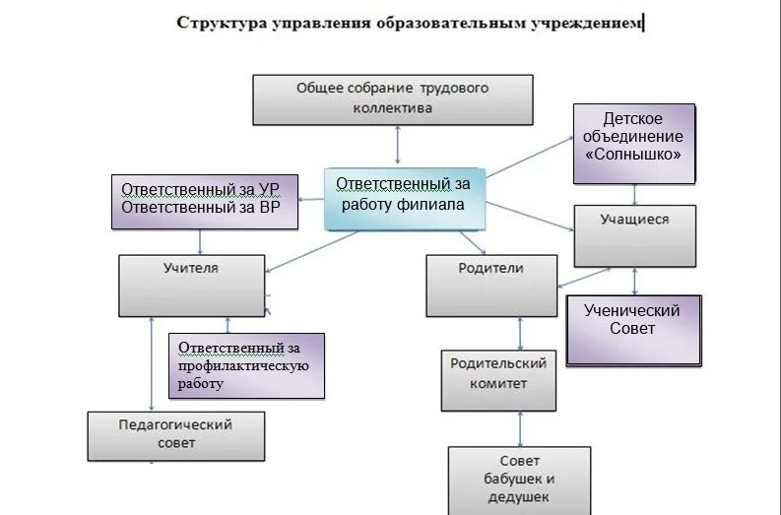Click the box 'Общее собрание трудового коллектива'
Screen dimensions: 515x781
[x=393, y=98]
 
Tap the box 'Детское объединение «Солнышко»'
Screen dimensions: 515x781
[x=634, y=144]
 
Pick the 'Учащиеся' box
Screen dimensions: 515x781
[x=634, y=235]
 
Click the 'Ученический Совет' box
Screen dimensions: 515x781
[x=633, y=329]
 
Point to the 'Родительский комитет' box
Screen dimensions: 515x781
[x=497, y=379]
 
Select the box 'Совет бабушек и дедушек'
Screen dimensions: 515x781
[x=519, y=480]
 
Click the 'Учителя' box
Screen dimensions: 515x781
[x=192, y=285]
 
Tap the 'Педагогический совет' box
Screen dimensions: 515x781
[x=176, y=436]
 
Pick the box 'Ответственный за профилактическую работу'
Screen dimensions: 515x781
[x=246, y=365]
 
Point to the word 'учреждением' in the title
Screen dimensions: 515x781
[x=590, y=23]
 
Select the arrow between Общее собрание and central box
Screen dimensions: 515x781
[x=398, y=146]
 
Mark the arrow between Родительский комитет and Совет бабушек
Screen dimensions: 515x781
[x=519, y=428]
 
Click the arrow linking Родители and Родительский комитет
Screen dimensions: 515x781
[x=497, y=333]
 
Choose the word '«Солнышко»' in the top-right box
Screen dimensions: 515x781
[x=634, y=155]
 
